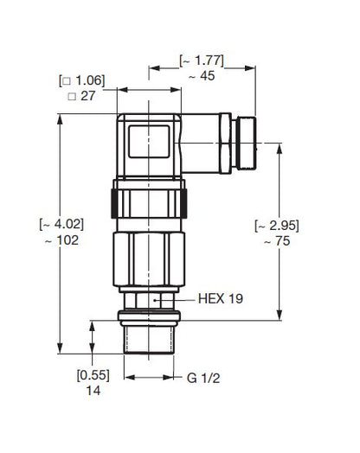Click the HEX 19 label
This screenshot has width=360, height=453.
(221, 299)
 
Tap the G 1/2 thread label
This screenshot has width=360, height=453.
(203, 378)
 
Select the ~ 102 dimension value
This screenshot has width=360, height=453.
(62, 240)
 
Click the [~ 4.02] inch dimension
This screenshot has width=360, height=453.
(61, 225)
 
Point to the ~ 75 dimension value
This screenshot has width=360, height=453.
(277, 241)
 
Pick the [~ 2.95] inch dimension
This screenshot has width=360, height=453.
(277, 226)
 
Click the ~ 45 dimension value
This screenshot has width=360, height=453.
(202, 76)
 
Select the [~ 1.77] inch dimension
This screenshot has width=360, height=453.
(202, 61)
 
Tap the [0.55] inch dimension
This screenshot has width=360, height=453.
(93, 375)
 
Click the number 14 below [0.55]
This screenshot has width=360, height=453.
(93, 391)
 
